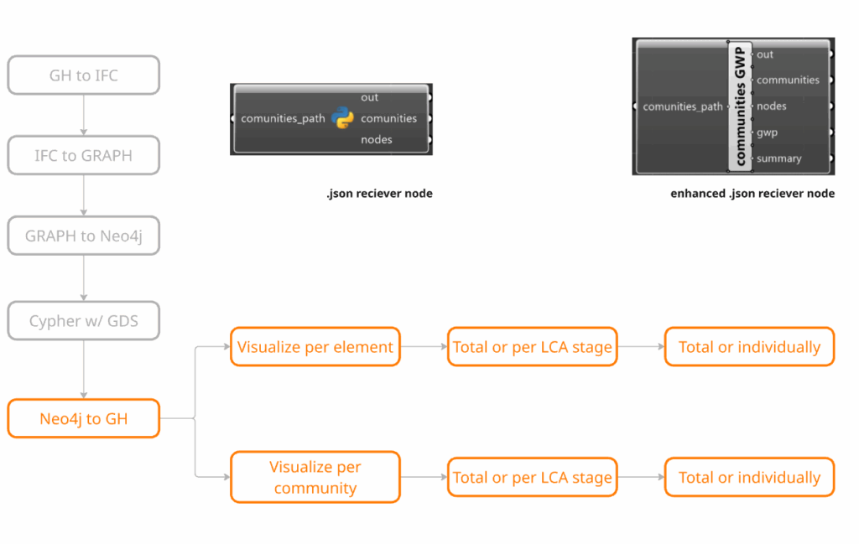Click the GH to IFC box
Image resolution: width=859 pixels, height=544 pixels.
(84, 75)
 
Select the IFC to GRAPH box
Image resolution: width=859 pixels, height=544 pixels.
(84, 155)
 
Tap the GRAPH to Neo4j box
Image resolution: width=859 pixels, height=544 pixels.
(84, 236)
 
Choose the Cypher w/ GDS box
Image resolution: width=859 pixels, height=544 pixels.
(84, 321)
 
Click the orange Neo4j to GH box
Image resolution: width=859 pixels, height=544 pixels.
(84, 418)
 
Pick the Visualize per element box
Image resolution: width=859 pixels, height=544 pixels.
(315, 347)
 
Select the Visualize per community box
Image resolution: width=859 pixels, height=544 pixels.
(315, 477)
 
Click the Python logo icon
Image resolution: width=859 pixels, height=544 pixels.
(342, 118)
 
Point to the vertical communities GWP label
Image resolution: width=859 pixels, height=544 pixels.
(740, 106)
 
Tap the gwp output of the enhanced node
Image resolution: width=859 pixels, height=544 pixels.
(767, 132)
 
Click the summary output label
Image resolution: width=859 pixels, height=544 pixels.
(779, 158)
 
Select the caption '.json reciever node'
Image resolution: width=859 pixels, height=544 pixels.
(380, 193)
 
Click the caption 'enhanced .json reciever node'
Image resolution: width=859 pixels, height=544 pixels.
(752, 193)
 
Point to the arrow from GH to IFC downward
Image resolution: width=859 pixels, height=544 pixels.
(84, 115)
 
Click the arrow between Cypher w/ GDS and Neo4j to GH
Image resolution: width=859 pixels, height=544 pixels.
(84, 370)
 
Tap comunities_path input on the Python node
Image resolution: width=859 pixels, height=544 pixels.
(283, 119)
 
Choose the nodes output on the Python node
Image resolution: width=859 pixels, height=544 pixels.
(377, 139)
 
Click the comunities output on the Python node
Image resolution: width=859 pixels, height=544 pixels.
(389, 118)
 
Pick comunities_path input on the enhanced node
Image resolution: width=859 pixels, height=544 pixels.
(683, 106)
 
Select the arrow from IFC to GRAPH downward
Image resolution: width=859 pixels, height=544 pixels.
(84, 195)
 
